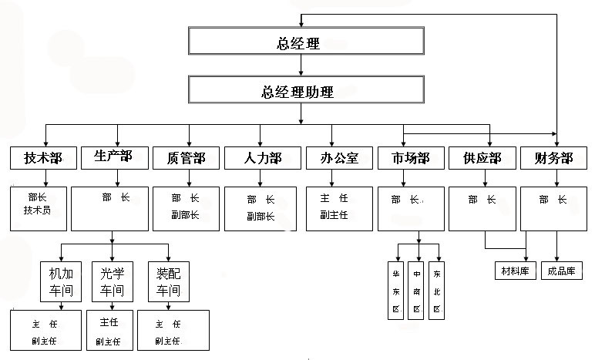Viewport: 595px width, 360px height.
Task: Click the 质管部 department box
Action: point(185,158)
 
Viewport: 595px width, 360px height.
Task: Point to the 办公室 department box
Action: point(334,158)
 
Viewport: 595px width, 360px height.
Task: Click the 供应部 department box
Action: point(482,158)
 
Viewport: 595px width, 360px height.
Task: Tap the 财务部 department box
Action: point(553,158)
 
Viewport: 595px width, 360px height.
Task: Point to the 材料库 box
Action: point(516,271)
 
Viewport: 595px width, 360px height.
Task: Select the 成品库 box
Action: point(562,271)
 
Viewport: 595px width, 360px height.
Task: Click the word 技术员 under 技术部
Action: point(37,210)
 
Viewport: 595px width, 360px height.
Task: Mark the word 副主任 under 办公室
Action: point(334,215)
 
